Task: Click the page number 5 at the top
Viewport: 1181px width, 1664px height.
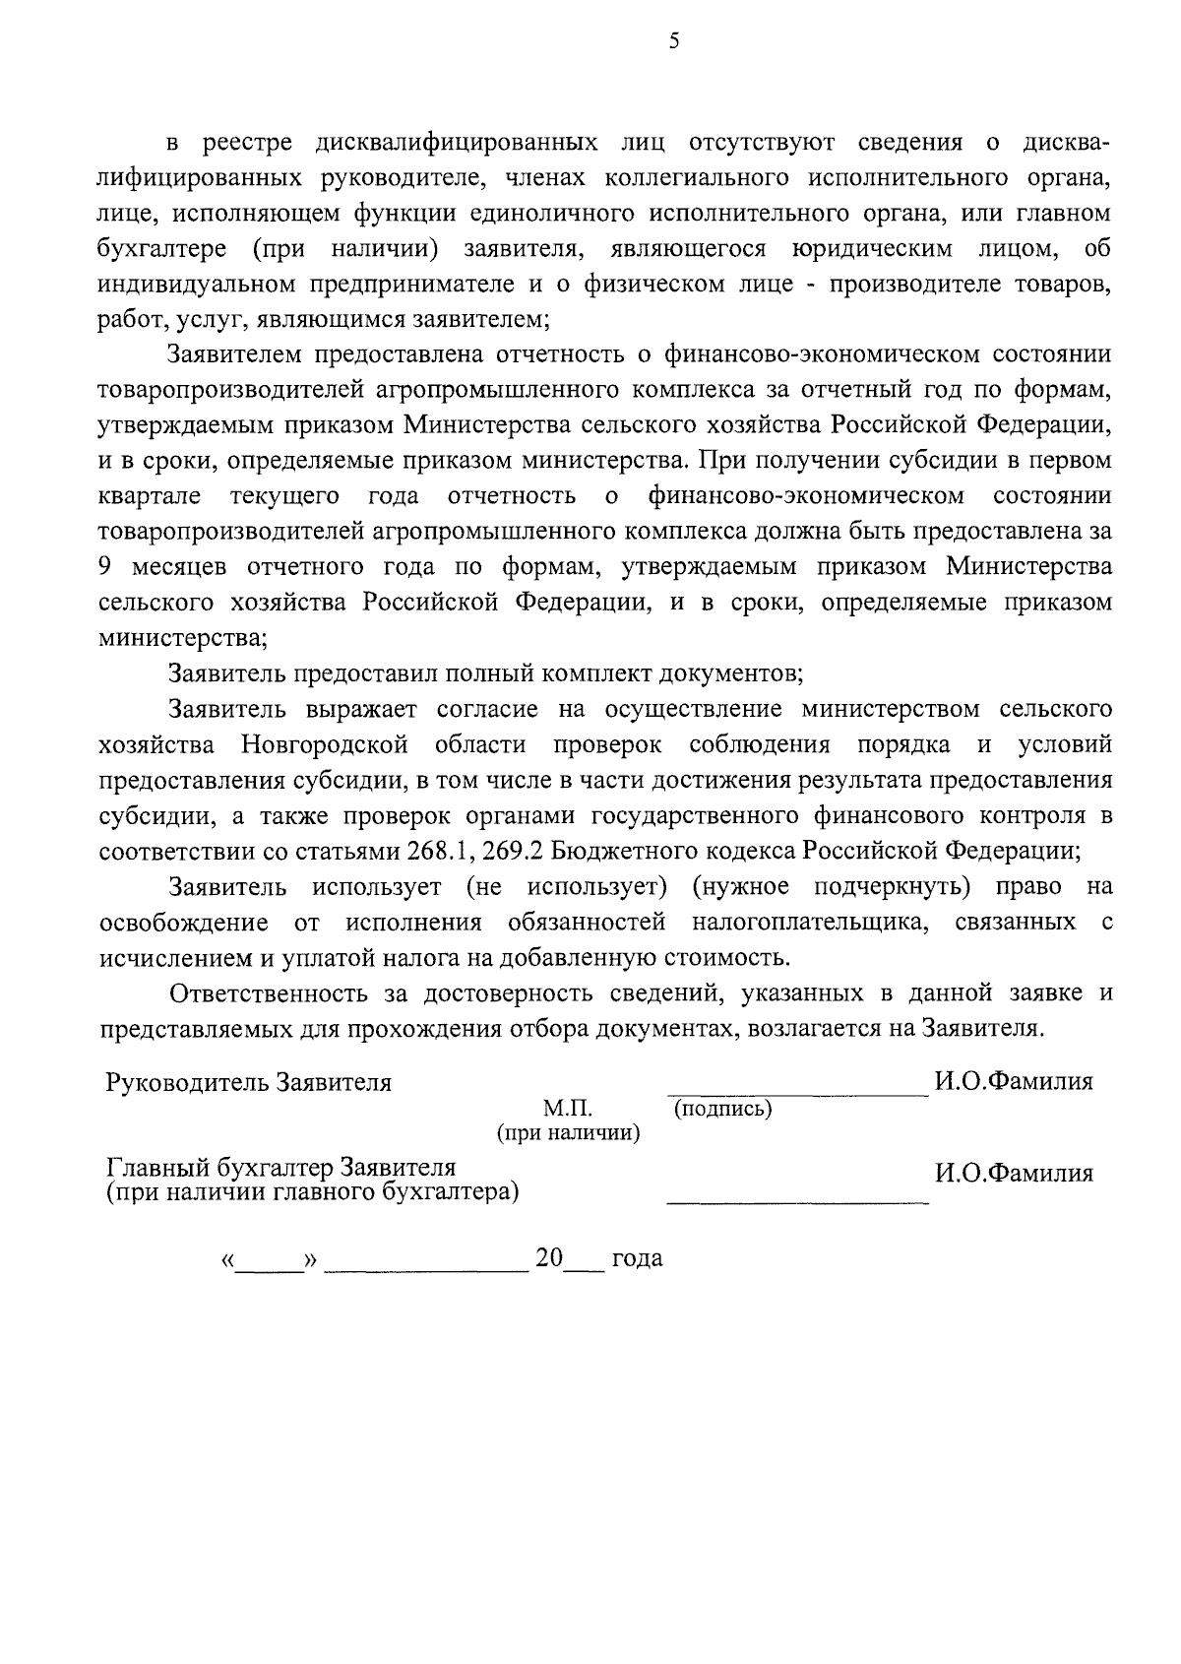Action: coord(673,40)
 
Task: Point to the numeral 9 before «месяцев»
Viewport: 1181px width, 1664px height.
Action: coord(104,567)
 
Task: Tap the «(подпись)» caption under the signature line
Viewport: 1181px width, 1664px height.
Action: coord(723,1110)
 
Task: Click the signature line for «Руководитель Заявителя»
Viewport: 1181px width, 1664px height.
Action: coord(797,1093)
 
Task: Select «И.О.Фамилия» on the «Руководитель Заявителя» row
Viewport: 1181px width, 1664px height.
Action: coord(1014,1082)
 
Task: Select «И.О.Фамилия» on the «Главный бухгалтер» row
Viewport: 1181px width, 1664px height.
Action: coord(1014,1174)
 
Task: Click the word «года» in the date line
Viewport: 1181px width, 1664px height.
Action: coord(637,1258)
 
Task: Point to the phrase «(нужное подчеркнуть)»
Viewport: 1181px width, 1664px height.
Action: coord(832,886)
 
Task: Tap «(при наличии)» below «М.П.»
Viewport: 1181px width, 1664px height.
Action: coord(569,1133)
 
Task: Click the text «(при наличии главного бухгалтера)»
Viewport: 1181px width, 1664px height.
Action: coord(313,1192)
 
